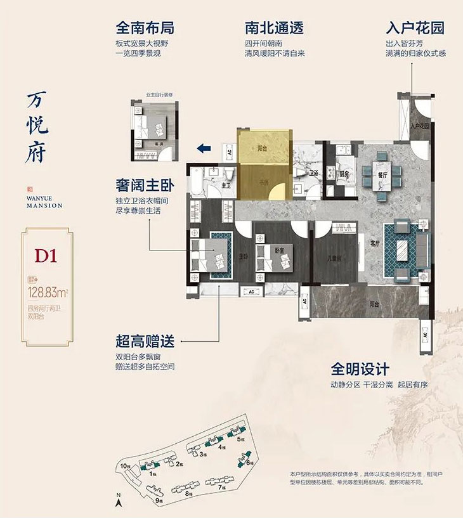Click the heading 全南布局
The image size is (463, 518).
pos(145,29)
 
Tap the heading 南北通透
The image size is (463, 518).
pos(274,29)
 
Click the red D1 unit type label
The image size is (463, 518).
pos(46,257)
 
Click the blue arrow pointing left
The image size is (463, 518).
pos(203,149)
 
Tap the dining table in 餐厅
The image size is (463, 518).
pos(379,174)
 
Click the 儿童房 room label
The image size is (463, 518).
pos(335,259)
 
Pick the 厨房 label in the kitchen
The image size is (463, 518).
pos(344,172)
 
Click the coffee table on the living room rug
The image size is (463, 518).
pos(403,249)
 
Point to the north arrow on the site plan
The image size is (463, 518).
pos(118,502)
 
